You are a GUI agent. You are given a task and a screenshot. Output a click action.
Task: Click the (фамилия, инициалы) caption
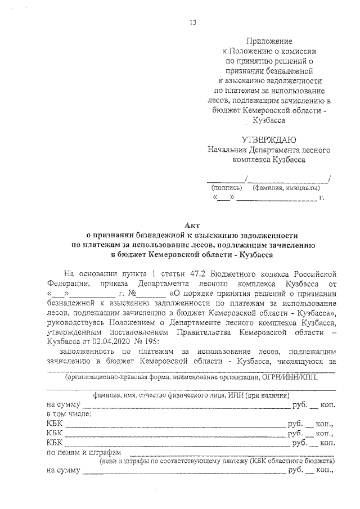(x=283, y=188)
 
